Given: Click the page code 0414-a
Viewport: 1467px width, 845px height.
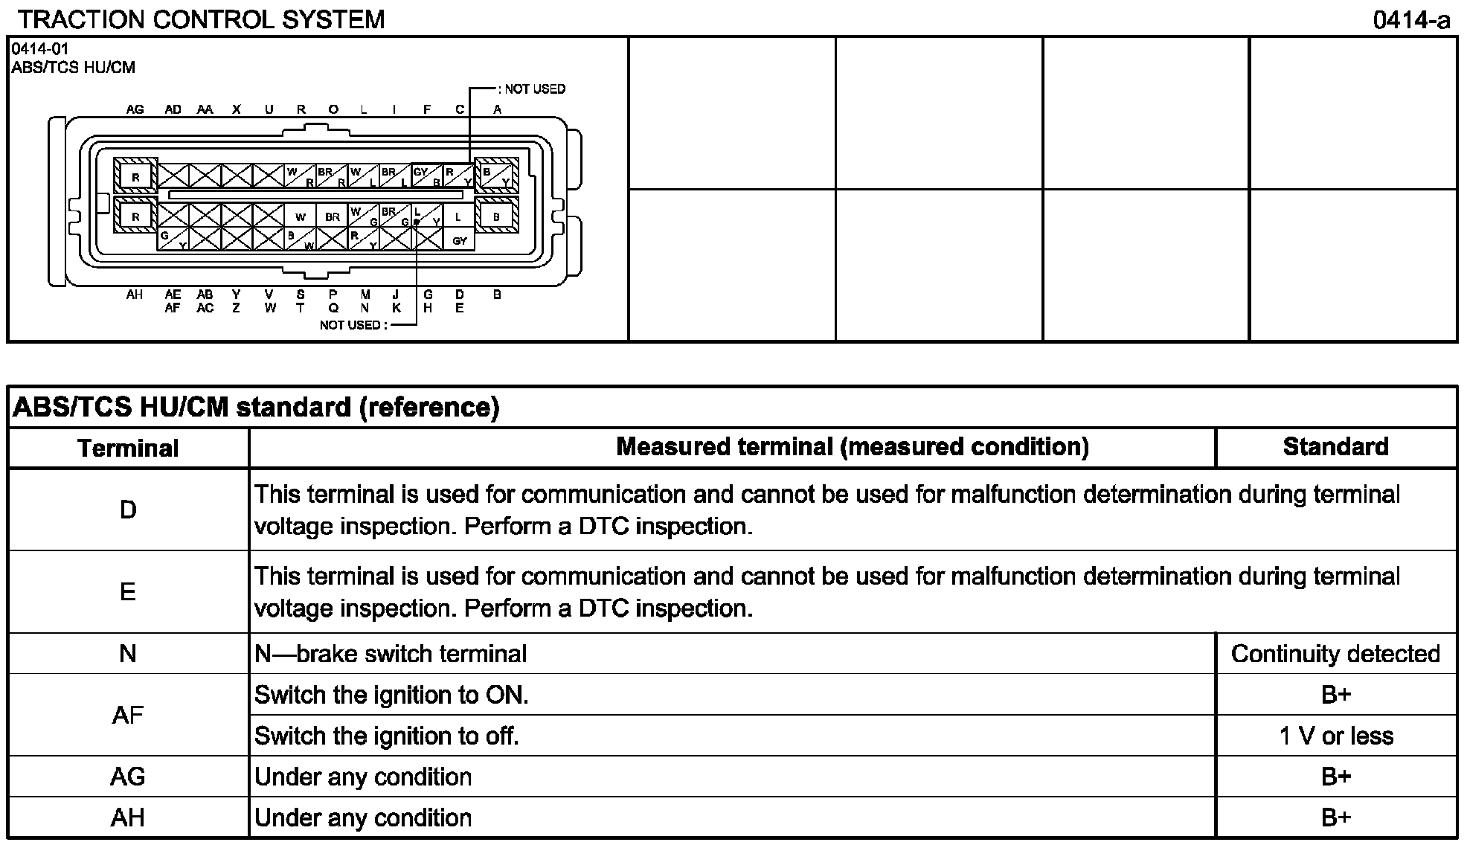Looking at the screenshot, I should (1411, 20).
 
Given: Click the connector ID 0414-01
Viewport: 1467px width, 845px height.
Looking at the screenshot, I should (40, 50).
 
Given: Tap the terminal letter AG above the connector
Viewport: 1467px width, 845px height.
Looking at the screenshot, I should (135, 109).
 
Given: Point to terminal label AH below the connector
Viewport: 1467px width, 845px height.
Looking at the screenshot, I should (135, 295).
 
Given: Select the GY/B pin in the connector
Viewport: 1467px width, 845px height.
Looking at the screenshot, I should (426, 176).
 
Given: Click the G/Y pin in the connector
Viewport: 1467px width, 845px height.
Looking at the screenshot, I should (173, 240).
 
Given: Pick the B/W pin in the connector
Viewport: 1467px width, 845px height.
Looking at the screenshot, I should (300, 240).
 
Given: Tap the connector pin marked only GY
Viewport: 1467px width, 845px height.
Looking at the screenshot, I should (460, 240).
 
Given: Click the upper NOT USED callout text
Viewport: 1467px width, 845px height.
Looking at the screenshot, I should (534, 89).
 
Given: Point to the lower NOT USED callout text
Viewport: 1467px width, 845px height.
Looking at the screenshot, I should (353, 325).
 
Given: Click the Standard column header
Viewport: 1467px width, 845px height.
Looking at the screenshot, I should (1335, 446).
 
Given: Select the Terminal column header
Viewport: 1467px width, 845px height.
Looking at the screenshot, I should (128, 448).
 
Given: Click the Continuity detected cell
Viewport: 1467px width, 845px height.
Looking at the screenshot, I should (1335, 654).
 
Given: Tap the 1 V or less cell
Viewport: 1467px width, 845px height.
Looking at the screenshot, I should (1335, 736).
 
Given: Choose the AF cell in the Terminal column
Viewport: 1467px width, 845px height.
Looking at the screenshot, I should (128, 715).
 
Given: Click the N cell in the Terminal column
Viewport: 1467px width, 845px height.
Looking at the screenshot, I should (128, 654).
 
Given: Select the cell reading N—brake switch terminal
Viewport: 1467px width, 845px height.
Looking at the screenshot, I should (391, 654).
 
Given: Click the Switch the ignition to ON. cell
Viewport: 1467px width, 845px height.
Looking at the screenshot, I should (391, 695).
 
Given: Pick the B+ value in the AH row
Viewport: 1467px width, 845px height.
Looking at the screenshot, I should (1335, 817).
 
